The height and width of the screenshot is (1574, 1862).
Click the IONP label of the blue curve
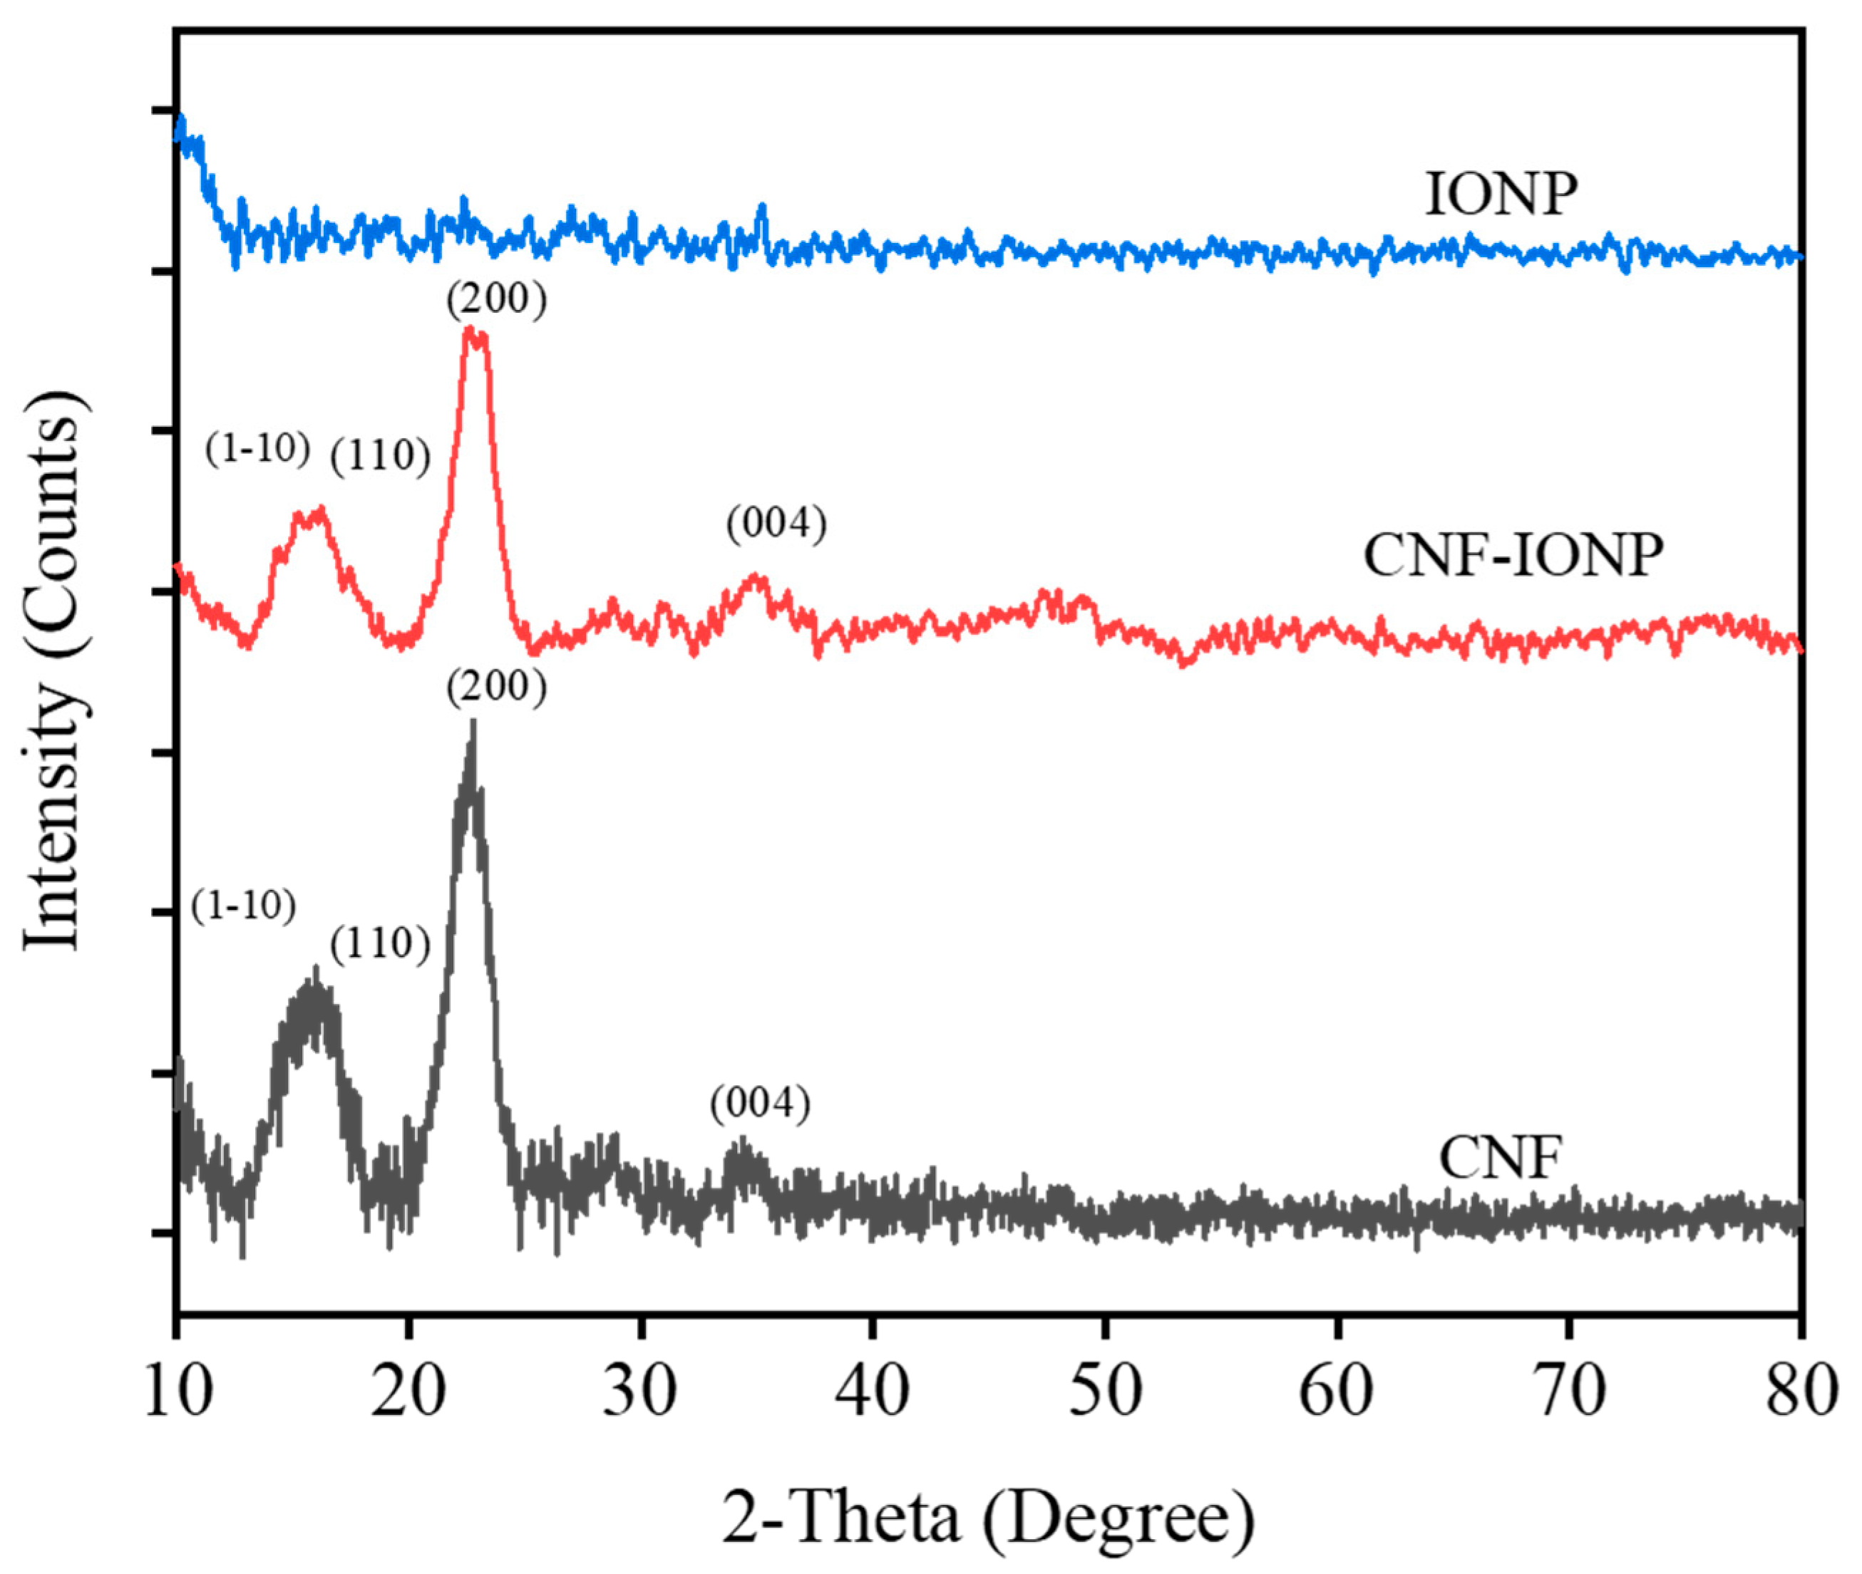[1501, 195]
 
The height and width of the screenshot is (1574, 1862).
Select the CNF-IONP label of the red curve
[1513, 556]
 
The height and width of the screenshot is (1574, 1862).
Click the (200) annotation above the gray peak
[496, 687]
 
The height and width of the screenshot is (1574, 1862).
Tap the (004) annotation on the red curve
[776, 524]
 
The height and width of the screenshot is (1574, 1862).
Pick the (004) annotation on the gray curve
[760, 1104]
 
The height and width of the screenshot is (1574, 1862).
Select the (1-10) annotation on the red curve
[257, 448]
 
